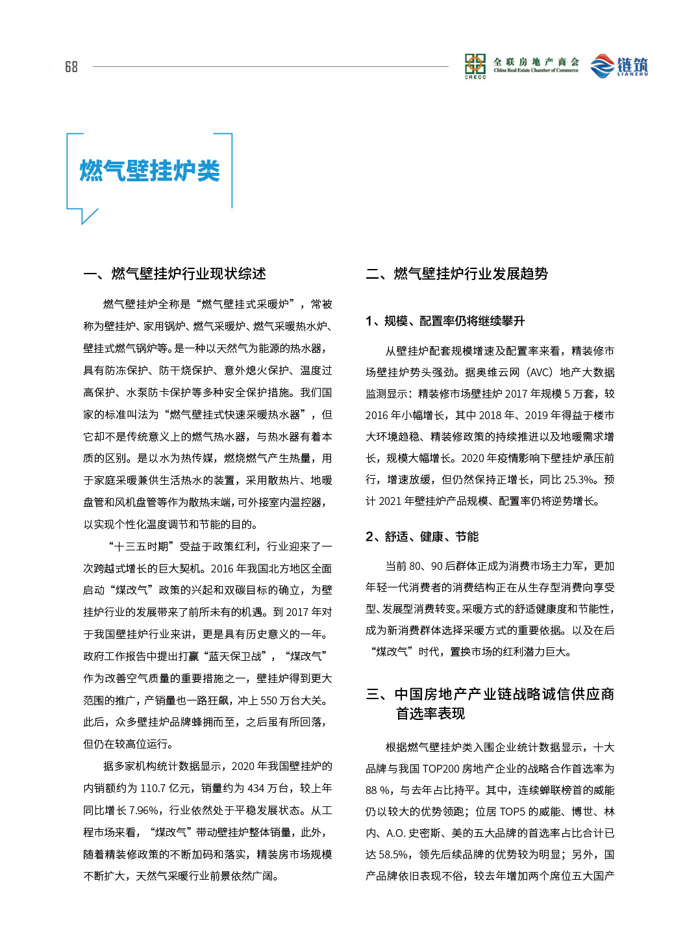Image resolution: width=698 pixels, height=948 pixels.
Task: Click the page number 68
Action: (x=71, y=67)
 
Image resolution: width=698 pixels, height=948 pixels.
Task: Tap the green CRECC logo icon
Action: (x=475, y=66)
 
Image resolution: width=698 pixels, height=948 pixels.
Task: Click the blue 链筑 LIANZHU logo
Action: (x=619, y=66)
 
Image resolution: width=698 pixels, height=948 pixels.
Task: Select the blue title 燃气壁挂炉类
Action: (x=149, y=171)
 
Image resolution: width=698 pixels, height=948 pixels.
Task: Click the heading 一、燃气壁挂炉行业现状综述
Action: (x=175, y=274)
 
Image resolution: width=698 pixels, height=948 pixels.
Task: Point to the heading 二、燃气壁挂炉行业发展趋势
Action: (x=456, y=274)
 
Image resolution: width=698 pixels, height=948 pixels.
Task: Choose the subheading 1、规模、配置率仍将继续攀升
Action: (x=445, y=321)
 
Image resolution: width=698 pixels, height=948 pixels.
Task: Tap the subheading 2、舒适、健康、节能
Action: (x=421, y=537)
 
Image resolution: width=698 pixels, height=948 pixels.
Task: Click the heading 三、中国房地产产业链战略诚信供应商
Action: (x=490, y=695)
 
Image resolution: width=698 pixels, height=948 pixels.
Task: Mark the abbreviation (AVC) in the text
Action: (x=538, y=372)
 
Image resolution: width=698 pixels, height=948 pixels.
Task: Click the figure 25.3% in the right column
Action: (x=578, y=480)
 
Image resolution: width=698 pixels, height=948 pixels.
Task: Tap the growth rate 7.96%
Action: (x=143, y=810)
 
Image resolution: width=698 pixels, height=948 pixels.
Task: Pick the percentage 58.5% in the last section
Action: (x=393, y=854)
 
